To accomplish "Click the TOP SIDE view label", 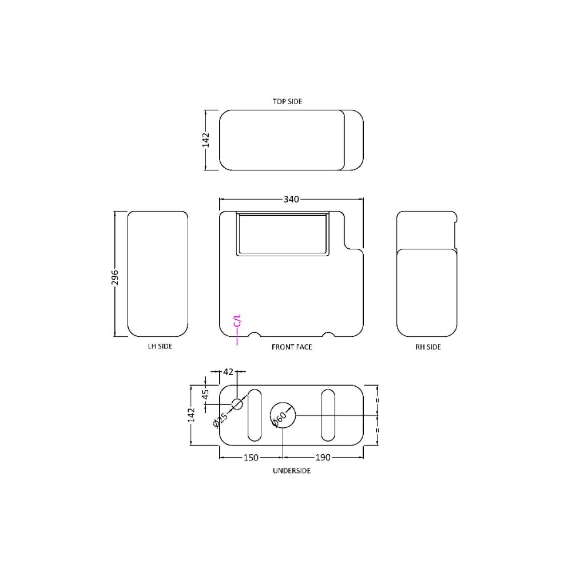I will click(x=287, y=101).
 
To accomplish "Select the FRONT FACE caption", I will click(x=292, y=347).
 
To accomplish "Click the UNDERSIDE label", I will click(x=292, y=471).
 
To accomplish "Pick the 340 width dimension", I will click(x=292, y=199).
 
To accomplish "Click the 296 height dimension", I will click(x=115, y=277).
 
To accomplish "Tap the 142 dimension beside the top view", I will click(x=206, y=140).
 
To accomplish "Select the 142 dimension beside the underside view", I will click(x=192, y=415).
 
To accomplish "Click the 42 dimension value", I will click(x=228, y=372).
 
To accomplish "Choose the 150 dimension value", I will click(x=251, y=458).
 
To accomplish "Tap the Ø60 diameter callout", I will click(x=279, y=419).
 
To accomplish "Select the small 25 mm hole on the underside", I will click(x=237, y=404).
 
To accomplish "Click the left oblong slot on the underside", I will click(x=255, y=415).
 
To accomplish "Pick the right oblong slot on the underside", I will click(x=328, y=415).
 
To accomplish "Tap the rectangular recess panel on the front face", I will click(x=283, y=233).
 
